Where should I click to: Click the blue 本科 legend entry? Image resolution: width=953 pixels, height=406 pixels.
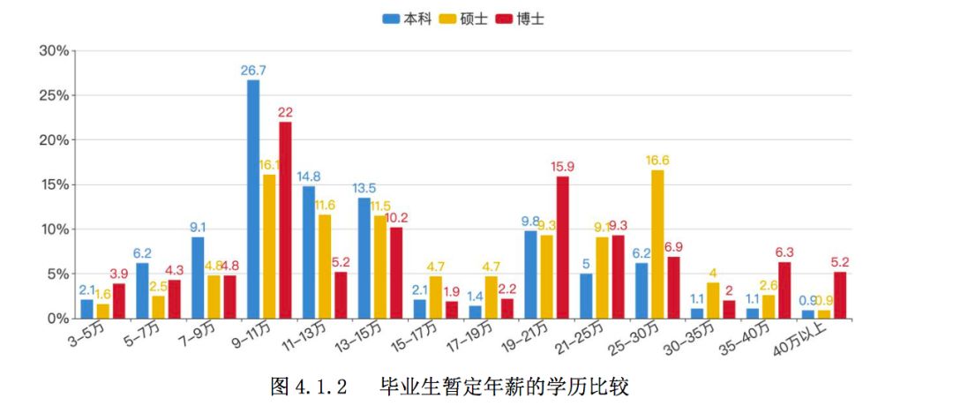(407, 19)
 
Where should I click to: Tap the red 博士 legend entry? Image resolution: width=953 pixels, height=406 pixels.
(520, 19)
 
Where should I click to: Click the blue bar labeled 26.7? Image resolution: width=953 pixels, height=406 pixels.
(253, 199)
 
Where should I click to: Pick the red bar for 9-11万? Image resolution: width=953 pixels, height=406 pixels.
(285, 220)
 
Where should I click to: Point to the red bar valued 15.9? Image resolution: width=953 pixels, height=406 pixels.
(562, 247)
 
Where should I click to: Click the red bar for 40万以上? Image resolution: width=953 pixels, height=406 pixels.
(840, 295)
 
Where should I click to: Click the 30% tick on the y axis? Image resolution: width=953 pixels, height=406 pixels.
(54, 50)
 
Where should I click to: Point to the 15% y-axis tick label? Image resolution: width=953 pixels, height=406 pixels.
(54, 184)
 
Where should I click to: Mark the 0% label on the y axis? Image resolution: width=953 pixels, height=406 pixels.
(57, 318)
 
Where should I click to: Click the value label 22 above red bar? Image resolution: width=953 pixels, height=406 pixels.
(285, 112)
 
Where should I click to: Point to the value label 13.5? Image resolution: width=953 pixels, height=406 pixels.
(364, 188)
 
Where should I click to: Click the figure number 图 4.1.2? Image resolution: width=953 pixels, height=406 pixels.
(309, 387)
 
